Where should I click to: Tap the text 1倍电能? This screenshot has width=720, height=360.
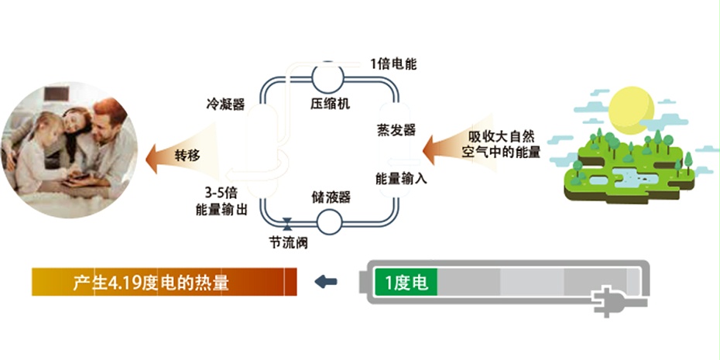point(393,63)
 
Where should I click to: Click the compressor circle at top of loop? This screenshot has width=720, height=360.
point(328,78)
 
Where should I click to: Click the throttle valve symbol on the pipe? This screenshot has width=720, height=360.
point(288,224)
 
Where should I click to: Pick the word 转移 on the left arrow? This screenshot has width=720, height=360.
point(187,155)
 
